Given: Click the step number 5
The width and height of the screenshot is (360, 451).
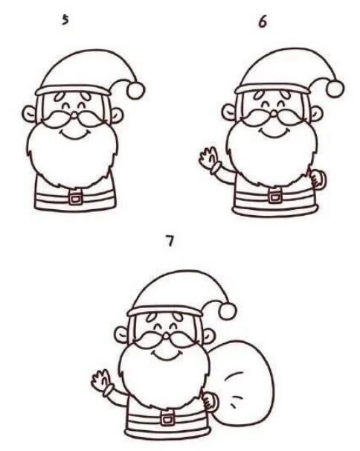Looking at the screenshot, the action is pos(65,20).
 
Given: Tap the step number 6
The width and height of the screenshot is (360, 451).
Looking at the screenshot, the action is pos(263,22).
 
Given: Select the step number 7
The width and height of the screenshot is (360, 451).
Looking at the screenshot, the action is pos(170,240).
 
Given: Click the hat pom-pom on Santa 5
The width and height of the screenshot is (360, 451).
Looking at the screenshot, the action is pos(135,90).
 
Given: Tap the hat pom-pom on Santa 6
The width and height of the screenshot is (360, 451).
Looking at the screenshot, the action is pos(335,88).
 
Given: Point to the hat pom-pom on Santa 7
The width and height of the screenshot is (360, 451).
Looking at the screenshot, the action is pos(228,310).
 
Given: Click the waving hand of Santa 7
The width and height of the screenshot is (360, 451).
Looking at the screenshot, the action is pos(101,380).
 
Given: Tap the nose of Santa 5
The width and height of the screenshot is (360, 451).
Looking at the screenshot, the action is pos(74,116).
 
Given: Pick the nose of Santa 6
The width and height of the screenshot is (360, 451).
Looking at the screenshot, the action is pos(274,114).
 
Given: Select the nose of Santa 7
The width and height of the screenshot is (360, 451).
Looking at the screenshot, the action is pos(166,336).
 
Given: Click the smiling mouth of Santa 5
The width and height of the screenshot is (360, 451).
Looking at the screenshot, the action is pos(75,135).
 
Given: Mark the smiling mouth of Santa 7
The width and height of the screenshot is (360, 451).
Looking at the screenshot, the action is pos(167,355).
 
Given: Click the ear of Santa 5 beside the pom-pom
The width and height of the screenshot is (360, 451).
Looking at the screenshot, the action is pos(117,115).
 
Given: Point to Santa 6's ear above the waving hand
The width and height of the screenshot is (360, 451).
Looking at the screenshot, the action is pos(229,112).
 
